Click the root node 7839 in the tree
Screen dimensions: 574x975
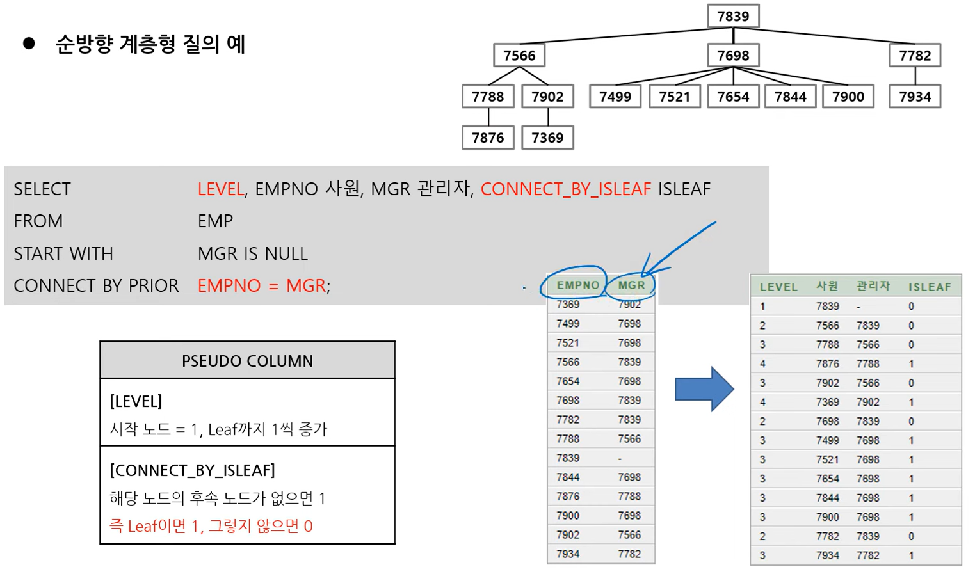click(x=733, y=16)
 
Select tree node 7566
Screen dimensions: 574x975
click(x=519, y=56)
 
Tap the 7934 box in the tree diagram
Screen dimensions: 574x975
click(x=915, y=97)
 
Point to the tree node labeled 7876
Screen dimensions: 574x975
click(x=488, y=138)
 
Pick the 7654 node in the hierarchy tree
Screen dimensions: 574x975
click(x=733, y=97)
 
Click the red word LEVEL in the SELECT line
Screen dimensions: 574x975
click(x=220, y=189)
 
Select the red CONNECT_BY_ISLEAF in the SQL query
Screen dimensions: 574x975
click(x=565, y=189)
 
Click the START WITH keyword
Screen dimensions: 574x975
click(x=63, y=254)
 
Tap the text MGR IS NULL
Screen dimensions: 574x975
click(x=253, y=254)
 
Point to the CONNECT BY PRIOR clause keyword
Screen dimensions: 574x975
click(x=96, y=286)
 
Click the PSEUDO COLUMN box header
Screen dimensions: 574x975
click(x=247, y=361)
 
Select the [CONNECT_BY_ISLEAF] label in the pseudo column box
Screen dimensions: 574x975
click(x=192, y=470)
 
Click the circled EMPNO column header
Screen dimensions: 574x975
click(x=577, y=285)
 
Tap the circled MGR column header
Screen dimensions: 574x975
click(x=631, y=285)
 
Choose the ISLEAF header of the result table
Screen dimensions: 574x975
click(x=930, y=287)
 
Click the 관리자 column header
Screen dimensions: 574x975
click(x=873, y=286)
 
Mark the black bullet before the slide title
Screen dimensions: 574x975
click(x=29, y=44)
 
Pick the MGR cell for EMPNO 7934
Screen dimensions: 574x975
click(x=629, y=554)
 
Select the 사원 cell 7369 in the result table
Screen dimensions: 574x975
click(x=827, y=402)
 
